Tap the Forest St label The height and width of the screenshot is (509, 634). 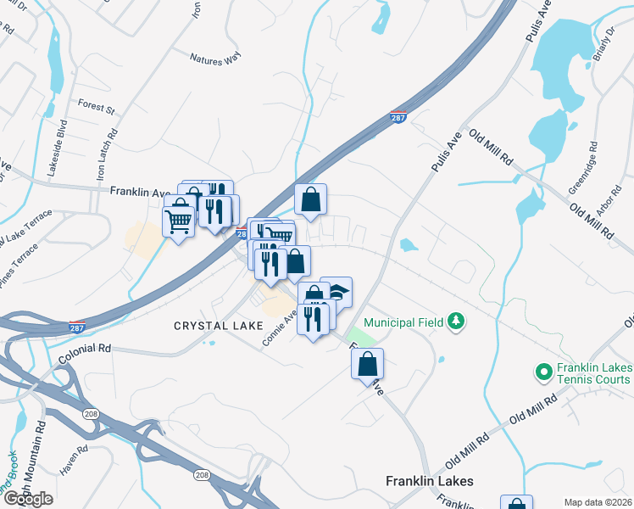click(x=96, y=108)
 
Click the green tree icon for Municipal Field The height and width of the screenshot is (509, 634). click(x=456, y=322)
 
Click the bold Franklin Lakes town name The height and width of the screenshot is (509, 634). click(x=429, y=481)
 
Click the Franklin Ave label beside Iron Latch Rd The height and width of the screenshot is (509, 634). click(x=140, y=193)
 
